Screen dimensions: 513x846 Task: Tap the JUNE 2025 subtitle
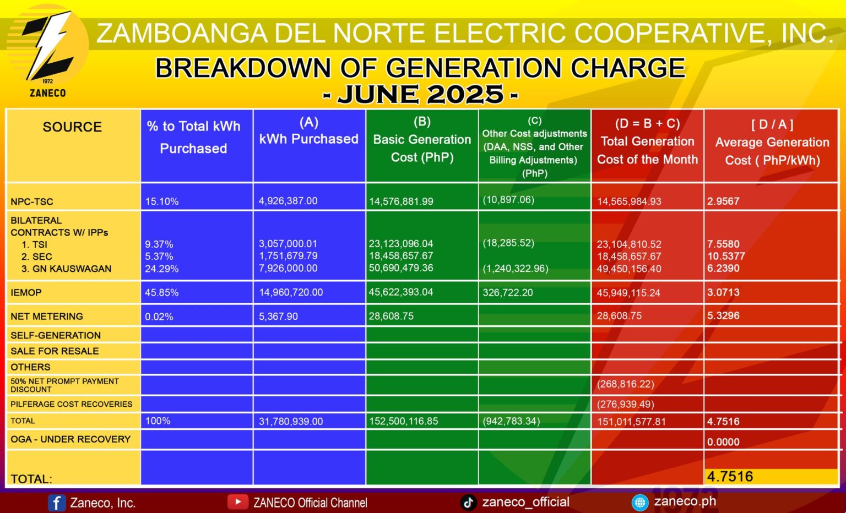(420, 95)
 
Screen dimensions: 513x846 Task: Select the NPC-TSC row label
(32, 201)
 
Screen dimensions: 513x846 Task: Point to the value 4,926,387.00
(288, 201)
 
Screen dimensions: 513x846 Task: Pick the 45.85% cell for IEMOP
(161, 293)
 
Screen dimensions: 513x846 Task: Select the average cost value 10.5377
(726, 256)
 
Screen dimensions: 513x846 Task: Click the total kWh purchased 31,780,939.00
(291, 422)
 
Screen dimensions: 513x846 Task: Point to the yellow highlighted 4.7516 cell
(771, 477)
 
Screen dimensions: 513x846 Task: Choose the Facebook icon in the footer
(57, 503)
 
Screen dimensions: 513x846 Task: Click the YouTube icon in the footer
(237, 502)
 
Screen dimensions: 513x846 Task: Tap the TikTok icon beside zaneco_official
(468, 502)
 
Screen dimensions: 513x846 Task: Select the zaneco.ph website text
(685, 501)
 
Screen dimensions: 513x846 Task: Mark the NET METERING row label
(47, 316)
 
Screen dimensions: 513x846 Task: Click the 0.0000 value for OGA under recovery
(723, 442)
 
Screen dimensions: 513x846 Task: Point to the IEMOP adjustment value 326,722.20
(508, 293)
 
